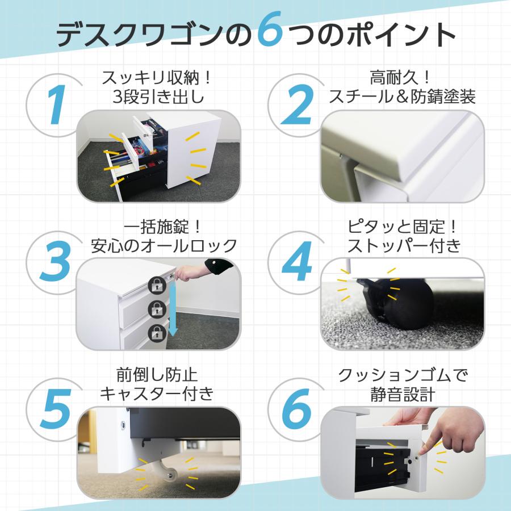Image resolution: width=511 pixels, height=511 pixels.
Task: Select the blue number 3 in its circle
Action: [55, 261]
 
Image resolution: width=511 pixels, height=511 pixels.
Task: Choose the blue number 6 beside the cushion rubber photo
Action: [296, 412]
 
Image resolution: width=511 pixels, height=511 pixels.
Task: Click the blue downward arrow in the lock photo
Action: [174, 310]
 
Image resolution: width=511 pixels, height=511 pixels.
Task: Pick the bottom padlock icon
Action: [156, 333]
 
